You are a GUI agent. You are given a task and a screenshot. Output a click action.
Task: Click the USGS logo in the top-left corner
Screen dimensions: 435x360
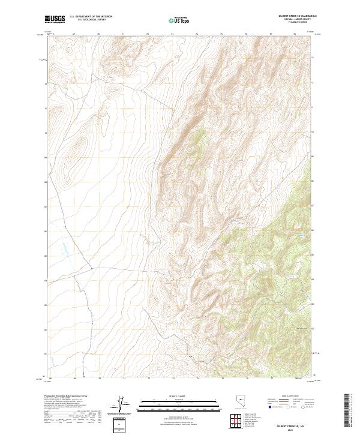55,20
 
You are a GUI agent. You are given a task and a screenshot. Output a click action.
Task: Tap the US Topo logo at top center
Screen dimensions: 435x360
181,20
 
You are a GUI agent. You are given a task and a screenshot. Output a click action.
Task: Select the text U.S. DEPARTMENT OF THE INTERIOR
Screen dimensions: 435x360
91,17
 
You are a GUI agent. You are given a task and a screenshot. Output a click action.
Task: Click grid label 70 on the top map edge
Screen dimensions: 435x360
98,35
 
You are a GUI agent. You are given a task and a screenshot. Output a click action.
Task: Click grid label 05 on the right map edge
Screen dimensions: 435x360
311,254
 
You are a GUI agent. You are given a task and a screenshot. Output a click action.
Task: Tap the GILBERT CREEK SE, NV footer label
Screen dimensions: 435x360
287,424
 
